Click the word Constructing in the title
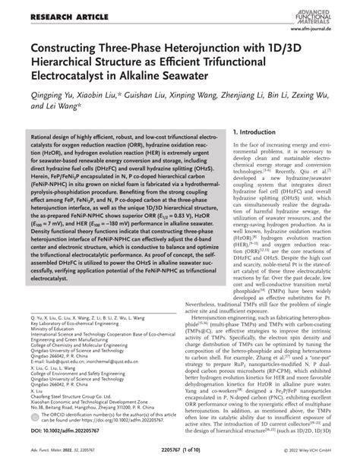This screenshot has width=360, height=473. [58, 48]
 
